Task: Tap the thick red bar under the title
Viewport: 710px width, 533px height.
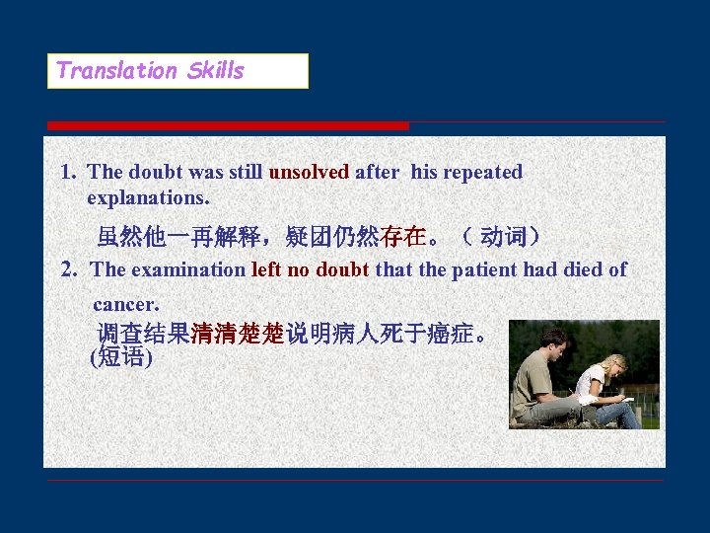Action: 228,125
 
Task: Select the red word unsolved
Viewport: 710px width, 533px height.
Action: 309,172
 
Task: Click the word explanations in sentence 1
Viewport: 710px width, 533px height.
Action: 148,197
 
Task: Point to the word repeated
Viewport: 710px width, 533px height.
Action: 482,172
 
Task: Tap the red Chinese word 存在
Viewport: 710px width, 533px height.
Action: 403,237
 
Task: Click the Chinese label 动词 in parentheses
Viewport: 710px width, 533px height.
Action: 503,237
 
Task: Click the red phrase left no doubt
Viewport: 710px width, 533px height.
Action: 310,269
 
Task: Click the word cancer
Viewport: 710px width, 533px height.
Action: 126,305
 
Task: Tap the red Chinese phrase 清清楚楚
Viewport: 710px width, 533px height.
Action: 238,333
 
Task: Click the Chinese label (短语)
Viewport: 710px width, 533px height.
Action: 120,357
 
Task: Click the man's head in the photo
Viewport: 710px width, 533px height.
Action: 554,342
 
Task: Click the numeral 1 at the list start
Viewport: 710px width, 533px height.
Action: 67,172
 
